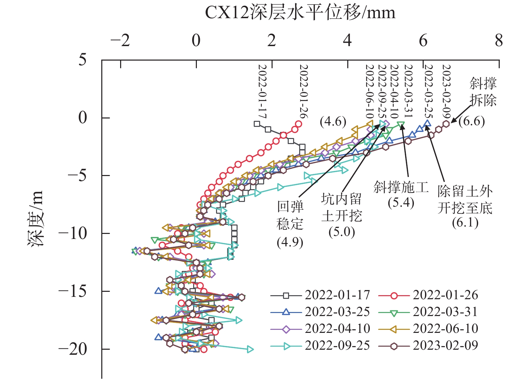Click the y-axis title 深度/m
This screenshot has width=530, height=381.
[36, 219]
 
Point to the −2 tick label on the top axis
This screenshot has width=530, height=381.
[120, 41]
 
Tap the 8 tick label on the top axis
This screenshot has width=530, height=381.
[499, 41]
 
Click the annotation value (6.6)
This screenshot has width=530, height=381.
[471, 121]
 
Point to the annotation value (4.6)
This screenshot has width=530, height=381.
[333, 122]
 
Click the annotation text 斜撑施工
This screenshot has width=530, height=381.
[401, 187]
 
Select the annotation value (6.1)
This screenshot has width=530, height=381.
[465, 222]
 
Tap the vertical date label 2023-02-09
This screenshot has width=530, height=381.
[446, 90]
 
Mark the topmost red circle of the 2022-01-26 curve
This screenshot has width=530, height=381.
[298, 124]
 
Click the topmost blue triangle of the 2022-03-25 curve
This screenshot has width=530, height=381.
[427, 124]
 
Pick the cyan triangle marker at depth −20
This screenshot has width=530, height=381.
[250, 349]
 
